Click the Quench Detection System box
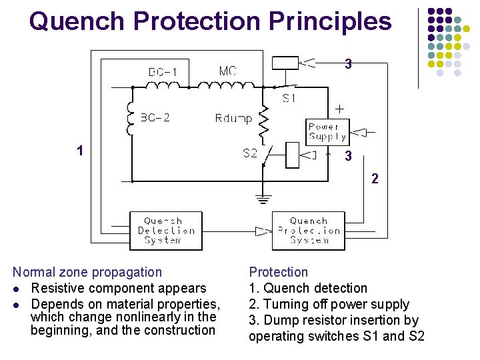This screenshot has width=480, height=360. tap(165, 231)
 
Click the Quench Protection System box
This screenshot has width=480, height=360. tap(309, 231)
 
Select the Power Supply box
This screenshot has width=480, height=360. tap(327, 131)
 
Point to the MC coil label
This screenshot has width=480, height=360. tap(228, 71)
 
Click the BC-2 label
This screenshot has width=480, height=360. tap(155, 118)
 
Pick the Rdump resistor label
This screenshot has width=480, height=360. tap(233, 119)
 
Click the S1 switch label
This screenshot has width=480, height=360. tap(289, 98)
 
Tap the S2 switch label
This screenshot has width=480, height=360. tap(249, 153)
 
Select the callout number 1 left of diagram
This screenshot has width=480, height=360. tap(80, 151)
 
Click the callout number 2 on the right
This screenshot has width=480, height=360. tap(375, 179)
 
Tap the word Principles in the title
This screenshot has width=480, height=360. tap(330, 21)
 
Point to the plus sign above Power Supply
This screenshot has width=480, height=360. tap(339, 108)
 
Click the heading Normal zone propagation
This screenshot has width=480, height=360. tap(87, 272)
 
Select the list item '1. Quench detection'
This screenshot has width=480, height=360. tap(308, 288)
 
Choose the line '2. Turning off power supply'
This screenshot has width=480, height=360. tap(329, 304)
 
